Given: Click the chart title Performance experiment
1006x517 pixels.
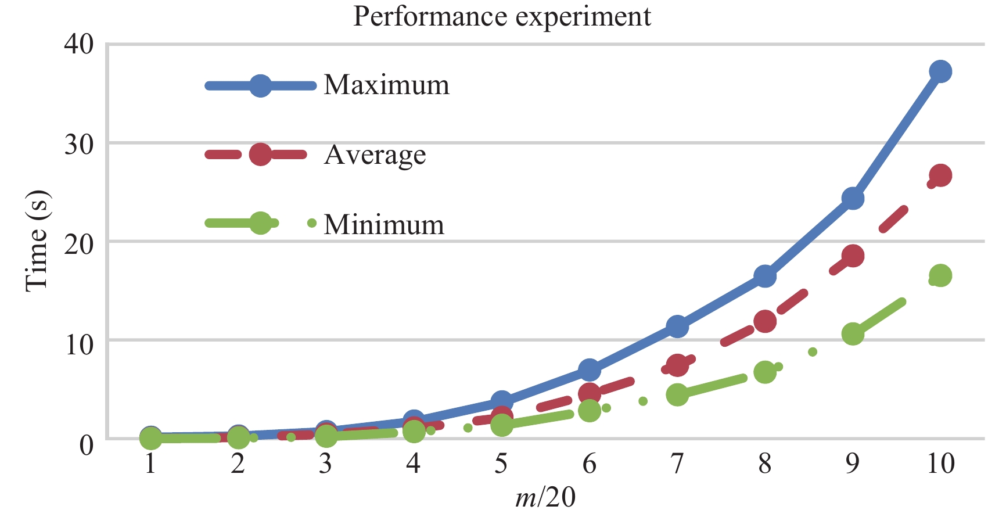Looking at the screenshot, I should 502,16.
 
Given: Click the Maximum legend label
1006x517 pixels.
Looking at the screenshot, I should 387,85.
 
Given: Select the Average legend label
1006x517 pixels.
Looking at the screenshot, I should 375,155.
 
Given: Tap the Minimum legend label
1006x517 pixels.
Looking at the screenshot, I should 384,224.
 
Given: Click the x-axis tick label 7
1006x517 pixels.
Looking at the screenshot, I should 677,464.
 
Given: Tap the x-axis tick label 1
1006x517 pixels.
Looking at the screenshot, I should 150,464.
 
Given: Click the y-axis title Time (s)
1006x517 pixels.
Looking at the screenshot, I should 37,240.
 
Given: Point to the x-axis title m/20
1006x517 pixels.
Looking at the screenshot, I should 545,497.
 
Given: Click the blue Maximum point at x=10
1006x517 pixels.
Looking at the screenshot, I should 940,72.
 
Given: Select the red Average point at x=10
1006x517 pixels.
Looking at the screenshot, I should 940,175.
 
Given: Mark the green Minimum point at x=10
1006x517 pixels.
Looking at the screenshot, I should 940,275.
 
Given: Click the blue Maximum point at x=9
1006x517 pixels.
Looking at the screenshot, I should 853,199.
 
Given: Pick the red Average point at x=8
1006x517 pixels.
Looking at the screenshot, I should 765,321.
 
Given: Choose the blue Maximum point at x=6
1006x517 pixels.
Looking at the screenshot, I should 590,369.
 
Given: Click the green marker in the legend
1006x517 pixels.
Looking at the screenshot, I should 261,223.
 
